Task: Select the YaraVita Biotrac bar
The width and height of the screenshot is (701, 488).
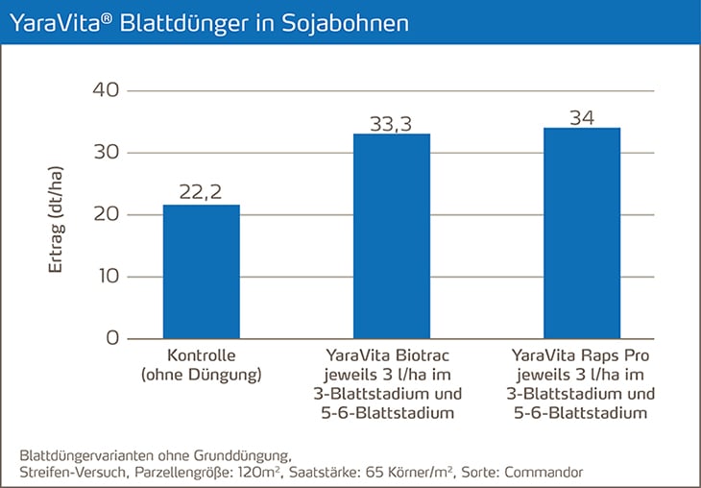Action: (392, 236)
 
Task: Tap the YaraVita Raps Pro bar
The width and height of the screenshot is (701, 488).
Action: (582, 233)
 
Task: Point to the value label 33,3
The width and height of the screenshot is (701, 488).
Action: (392, 122)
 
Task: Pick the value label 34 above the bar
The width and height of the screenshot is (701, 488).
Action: (582, 116)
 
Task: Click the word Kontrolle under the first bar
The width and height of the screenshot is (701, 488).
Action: (202, 355)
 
